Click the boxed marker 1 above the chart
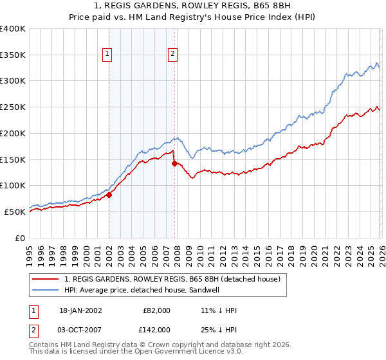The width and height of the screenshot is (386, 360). coord(107,55)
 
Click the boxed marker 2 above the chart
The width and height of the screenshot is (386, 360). coord(173,55)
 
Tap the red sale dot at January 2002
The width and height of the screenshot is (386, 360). coord(109,195)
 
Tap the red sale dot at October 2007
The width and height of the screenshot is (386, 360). coord(174,163)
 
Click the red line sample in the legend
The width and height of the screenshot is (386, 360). coord(46,280)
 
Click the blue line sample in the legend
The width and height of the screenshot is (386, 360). coord(46,291)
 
